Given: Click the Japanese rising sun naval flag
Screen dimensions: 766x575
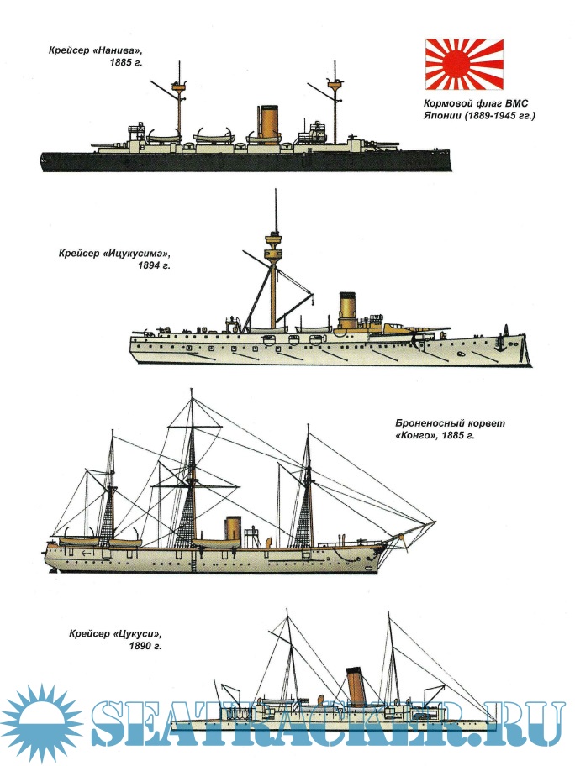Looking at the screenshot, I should tap(464, 65).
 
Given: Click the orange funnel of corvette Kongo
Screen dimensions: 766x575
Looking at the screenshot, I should tap(232, 528).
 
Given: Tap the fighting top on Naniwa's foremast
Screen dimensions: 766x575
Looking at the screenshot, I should tap(178, 84).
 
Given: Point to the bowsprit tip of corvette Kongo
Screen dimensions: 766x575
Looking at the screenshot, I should tap(435, 522).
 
